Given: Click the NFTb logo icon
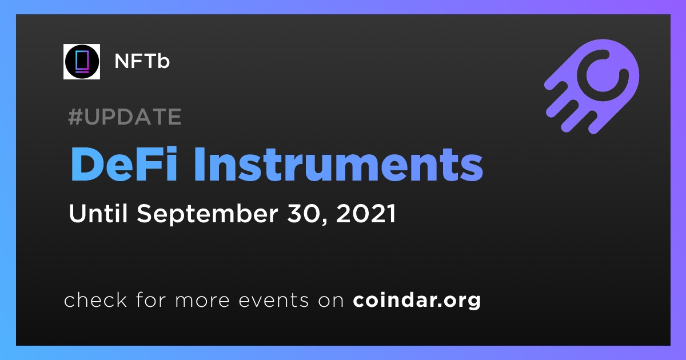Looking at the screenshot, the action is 82,62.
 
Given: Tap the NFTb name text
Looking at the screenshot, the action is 142,61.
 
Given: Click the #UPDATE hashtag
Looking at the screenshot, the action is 125,117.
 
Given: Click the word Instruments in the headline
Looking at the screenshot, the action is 338,164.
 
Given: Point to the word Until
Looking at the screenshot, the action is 98,213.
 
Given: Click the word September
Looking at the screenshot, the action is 208,214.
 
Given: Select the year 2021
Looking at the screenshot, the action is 366,213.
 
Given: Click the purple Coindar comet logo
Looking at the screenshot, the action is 593,86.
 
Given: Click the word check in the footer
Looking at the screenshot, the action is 95,299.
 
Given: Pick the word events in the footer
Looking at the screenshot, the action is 273,300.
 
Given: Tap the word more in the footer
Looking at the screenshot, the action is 202,301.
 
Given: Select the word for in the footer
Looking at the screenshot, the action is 151,299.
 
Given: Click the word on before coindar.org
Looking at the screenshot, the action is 331,301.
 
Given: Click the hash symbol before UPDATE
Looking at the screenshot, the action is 75,117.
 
